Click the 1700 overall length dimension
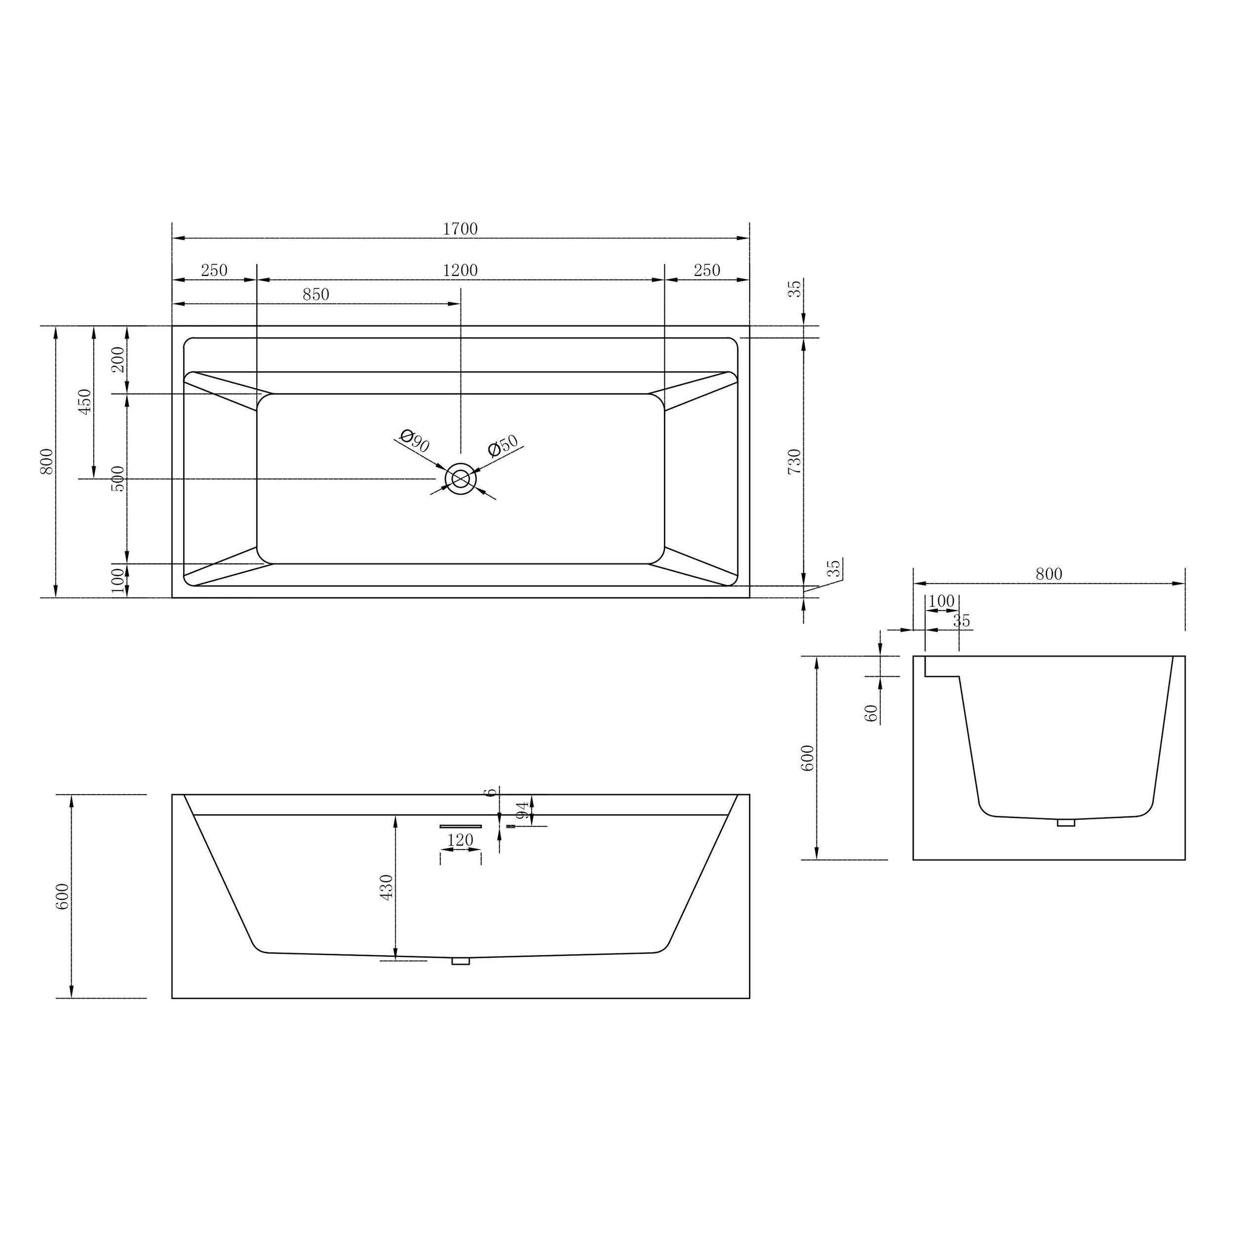coord(461,229)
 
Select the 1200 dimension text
coord(461,270)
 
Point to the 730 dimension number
coord(794,461)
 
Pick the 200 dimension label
coord(118,360)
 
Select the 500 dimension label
coord(118,478)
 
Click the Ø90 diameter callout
coord(415,441)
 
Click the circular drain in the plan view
coord(461,478)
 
